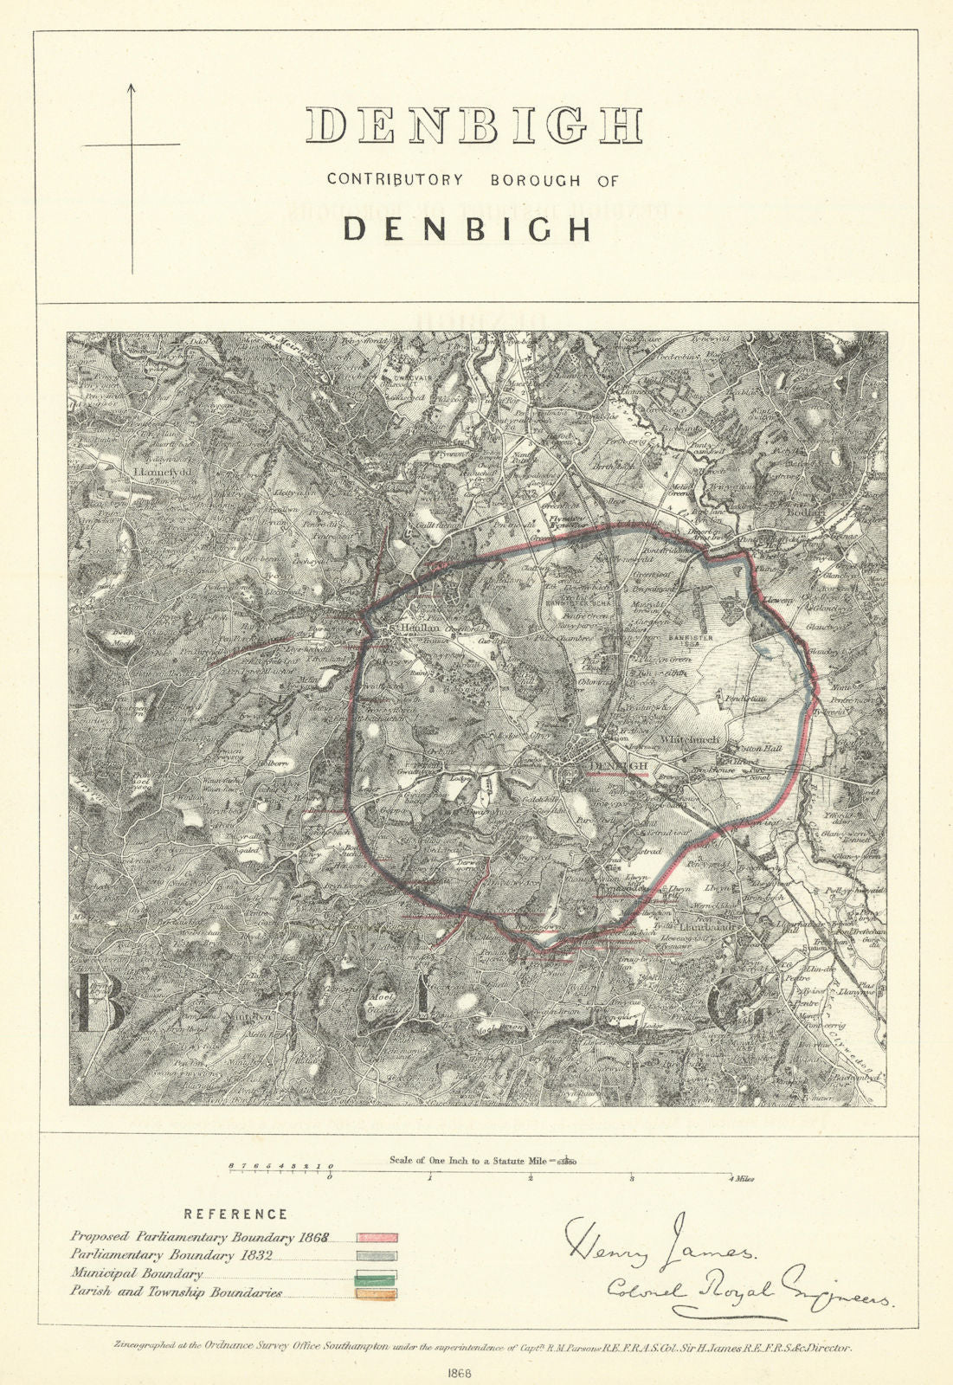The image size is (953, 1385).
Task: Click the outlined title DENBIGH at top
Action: (474, 126)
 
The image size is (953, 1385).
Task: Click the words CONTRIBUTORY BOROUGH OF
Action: (473, 180)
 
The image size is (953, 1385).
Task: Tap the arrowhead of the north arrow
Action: (132, 87)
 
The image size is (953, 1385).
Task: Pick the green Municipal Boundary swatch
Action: (376, 1274)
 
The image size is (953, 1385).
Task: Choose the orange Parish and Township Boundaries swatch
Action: (376, 1294)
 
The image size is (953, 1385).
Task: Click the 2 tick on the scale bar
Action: (531, 1179)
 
